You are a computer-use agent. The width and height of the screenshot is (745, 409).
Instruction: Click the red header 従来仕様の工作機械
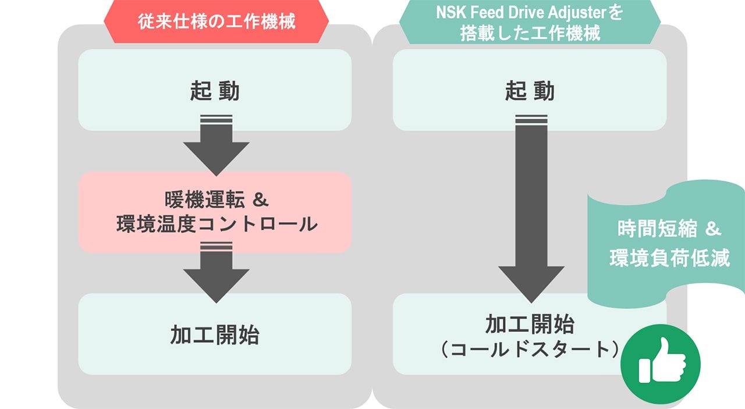point(216,22)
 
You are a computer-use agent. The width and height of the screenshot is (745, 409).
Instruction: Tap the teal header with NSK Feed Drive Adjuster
point(530,23)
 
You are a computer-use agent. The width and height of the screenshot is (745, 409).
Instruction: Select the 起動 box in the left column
point(215,90)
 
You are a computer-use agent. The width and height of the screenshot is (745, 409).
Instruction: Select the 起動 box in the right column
point(530,90)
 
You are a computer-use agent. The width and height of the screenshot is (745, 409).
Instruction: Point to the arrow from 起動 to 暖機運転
point(216,146)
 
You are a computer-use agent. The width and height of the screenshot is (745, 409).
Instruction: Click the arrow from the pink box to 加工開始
point(216,272)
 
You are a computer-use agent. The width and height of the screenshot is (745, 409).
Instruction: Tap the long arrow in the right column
point(531,209)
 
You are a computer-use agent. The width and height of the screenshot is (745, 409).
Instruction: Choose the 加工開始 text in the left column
point(215,335)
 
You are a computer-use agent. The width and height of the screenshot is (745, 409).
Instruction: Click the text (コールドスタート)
point(529,349)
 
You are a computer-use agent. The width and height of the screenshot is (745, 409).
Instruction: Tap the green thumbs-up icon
point(661,364)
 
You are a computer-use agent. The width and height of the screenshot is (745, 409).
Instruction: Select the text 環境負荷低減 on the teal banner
point(669,258)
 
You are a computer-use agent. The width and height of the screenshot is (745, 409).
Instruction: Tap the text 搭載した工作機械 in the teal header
point(530,33)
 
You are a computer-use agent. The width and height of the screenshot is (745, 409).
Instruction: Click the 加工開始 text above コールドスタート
point(530,323)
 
